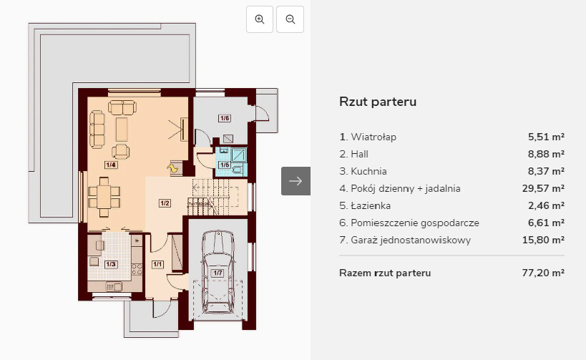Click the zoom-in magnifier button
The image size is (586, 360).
[x=260, y=19]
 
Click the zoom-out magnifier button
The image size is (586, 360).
[x=290, y=19]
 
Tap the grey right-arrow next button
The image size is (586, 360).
[x=296, y=181]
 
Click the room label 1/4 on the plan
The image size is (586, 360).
[x=111, y=165]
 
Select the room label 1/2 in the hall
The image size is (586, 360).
[x=165, y=203]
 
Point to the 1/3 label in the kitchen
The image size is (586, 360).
[x=111, y=264]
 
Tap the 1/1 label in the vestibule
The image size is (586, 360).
[x=157, y=264]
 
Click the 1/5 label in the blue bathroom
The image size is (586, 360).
[x=225, y=165]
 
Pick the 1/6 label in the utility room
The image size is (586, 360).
[x=225, y=118]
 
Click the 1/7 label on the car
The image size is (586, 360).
[x=218, y=273]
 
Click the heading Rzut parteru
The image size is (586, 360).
[x=378, y=102]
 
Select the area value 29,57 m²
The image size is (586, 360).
[x=543, y=188]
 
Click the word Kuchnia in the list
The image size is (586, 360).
[x=369, y=171]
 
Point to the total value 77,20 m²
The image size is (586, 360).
[x=543, y=273]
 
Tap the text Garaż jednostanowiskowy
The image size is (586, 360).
[x=411, y=240]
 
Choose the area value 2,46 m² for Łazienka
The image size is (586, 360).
[x=547, y=205]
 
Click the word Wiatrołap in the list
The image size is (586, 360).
[x=373, y=137]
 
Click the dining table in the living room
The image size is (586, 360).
[x=104, y=197]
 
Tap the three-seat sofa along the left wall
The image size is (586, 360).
[x=97, y=130]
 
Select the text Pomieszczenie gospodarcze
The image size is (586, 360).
[x=415, y=223]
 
